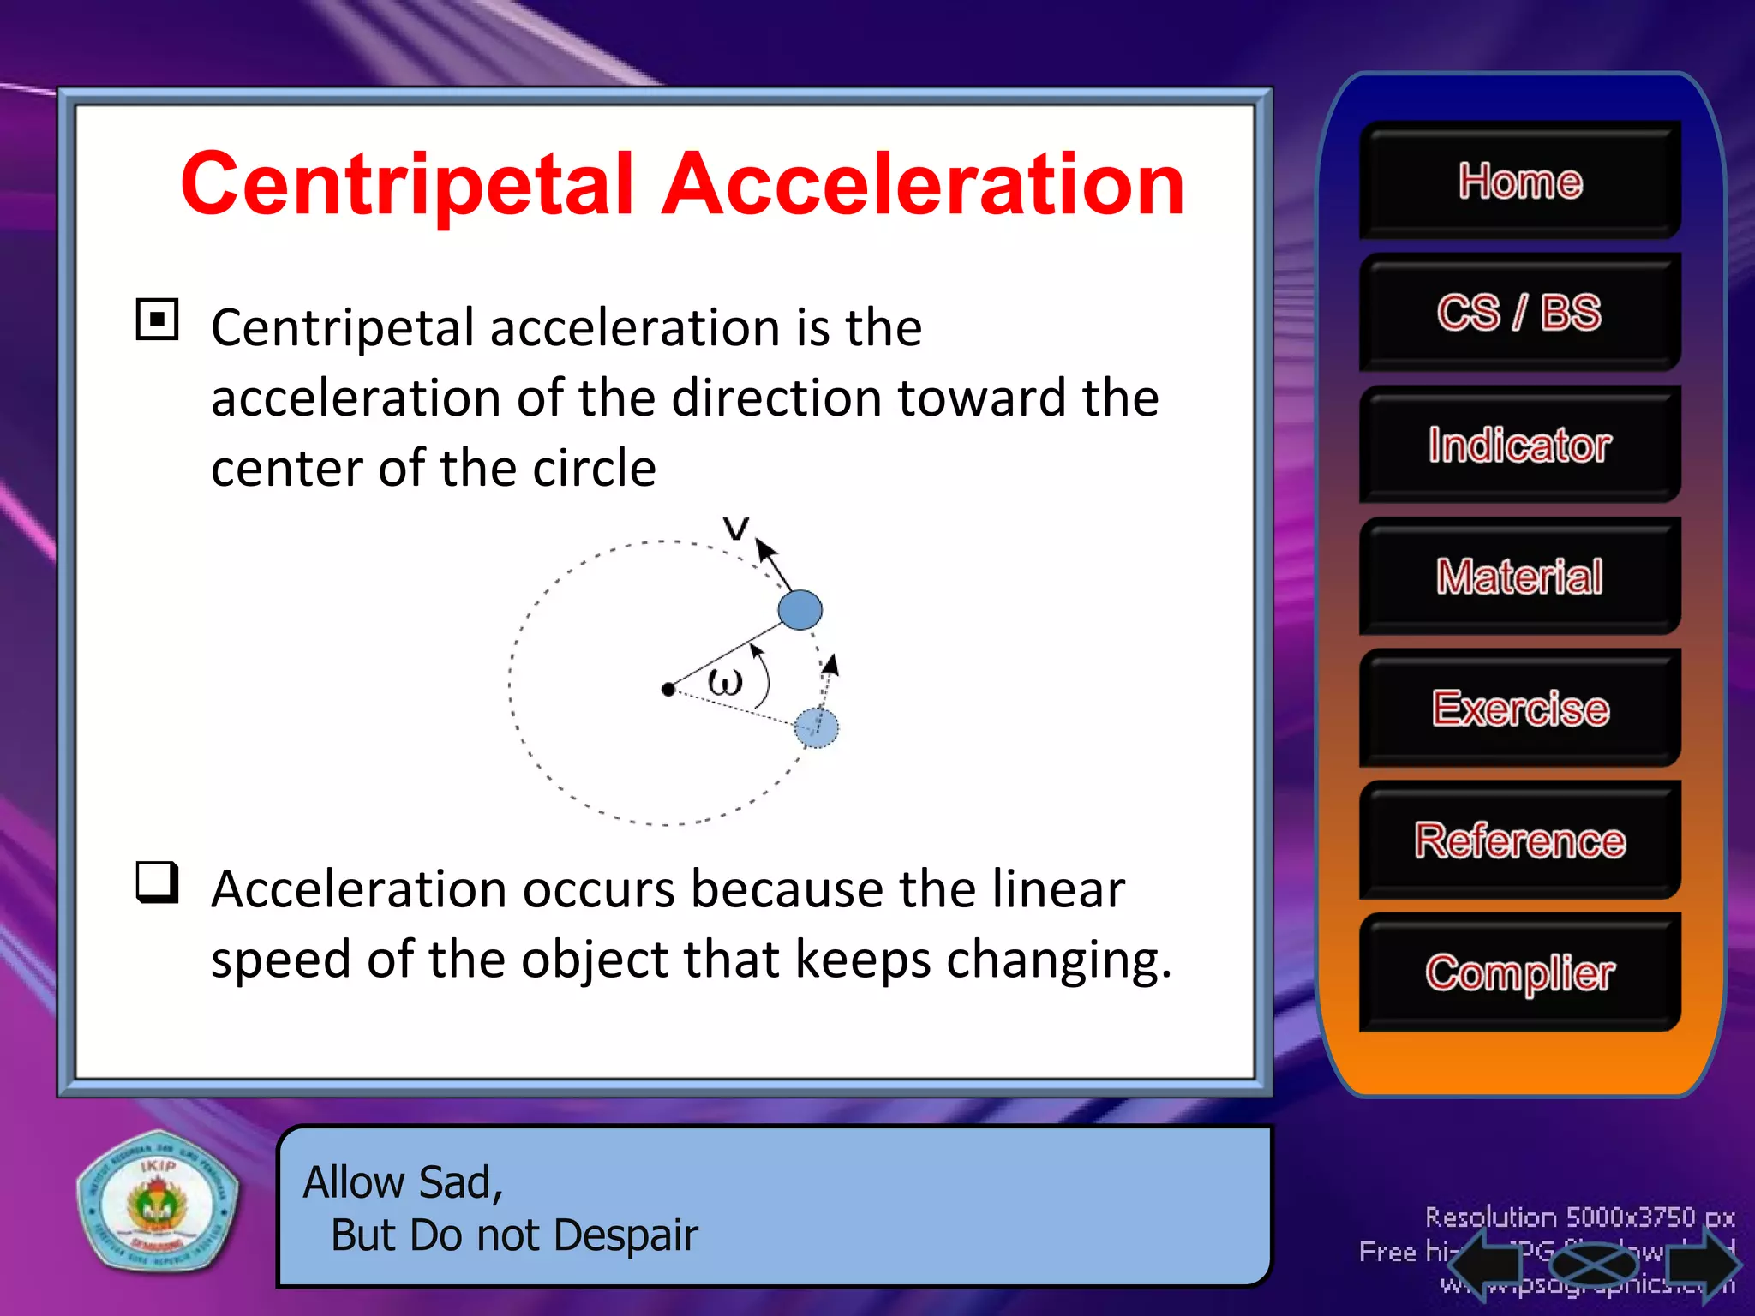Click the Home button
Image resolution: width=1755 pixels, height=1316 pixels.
point(1519,181)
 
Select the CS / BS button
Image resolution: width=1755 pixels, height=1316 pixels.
point(1519,313)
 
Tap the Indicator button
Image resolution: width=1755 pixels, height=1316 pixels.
point(1519,445)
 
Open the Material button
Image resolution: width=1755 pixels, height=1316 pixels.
point(1519,577)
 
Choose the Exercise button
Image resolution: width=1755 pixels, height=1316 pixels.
point(1519,709)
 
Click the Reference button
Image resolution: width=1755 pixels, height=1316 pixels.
point(1519,840)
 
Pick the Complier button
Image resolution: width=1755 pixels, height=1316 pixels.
point(1519,972)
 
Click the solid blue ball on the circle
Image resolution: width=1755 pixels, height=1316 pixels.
point(800,610)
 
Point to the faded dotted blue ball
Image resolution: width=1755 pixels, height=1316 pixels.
point(816,727)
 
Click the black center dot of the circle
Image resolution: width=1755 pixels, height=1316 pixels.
point(668,689)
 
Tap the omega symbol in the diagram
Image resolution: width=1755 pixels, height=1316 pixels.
point(725,683)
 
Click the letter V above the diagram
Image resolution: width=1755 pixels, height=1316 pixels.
point(735,528)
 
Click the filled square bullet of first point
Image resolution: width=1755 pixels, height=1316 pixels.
point(158,320)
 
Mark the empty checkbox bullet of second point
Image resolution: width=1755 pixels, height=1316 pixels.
point(158,882)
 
